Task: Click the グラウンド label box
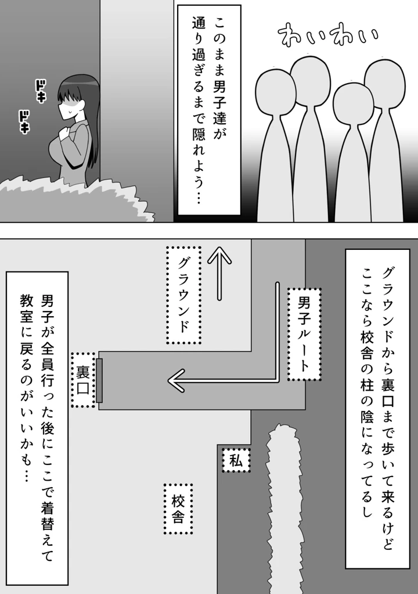click(x=183, y=295)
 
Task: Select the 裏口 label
click(x=82, y=379)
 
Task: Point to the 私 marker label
click(x=236, y=461)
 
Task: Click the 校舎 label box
click(x=178, y=509)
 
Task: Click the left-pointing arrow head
click(x=176, y=381)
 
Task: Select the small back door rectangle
click(x=99, y=381)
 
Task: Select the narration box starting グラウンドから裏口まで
click(x=377, y=407)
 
